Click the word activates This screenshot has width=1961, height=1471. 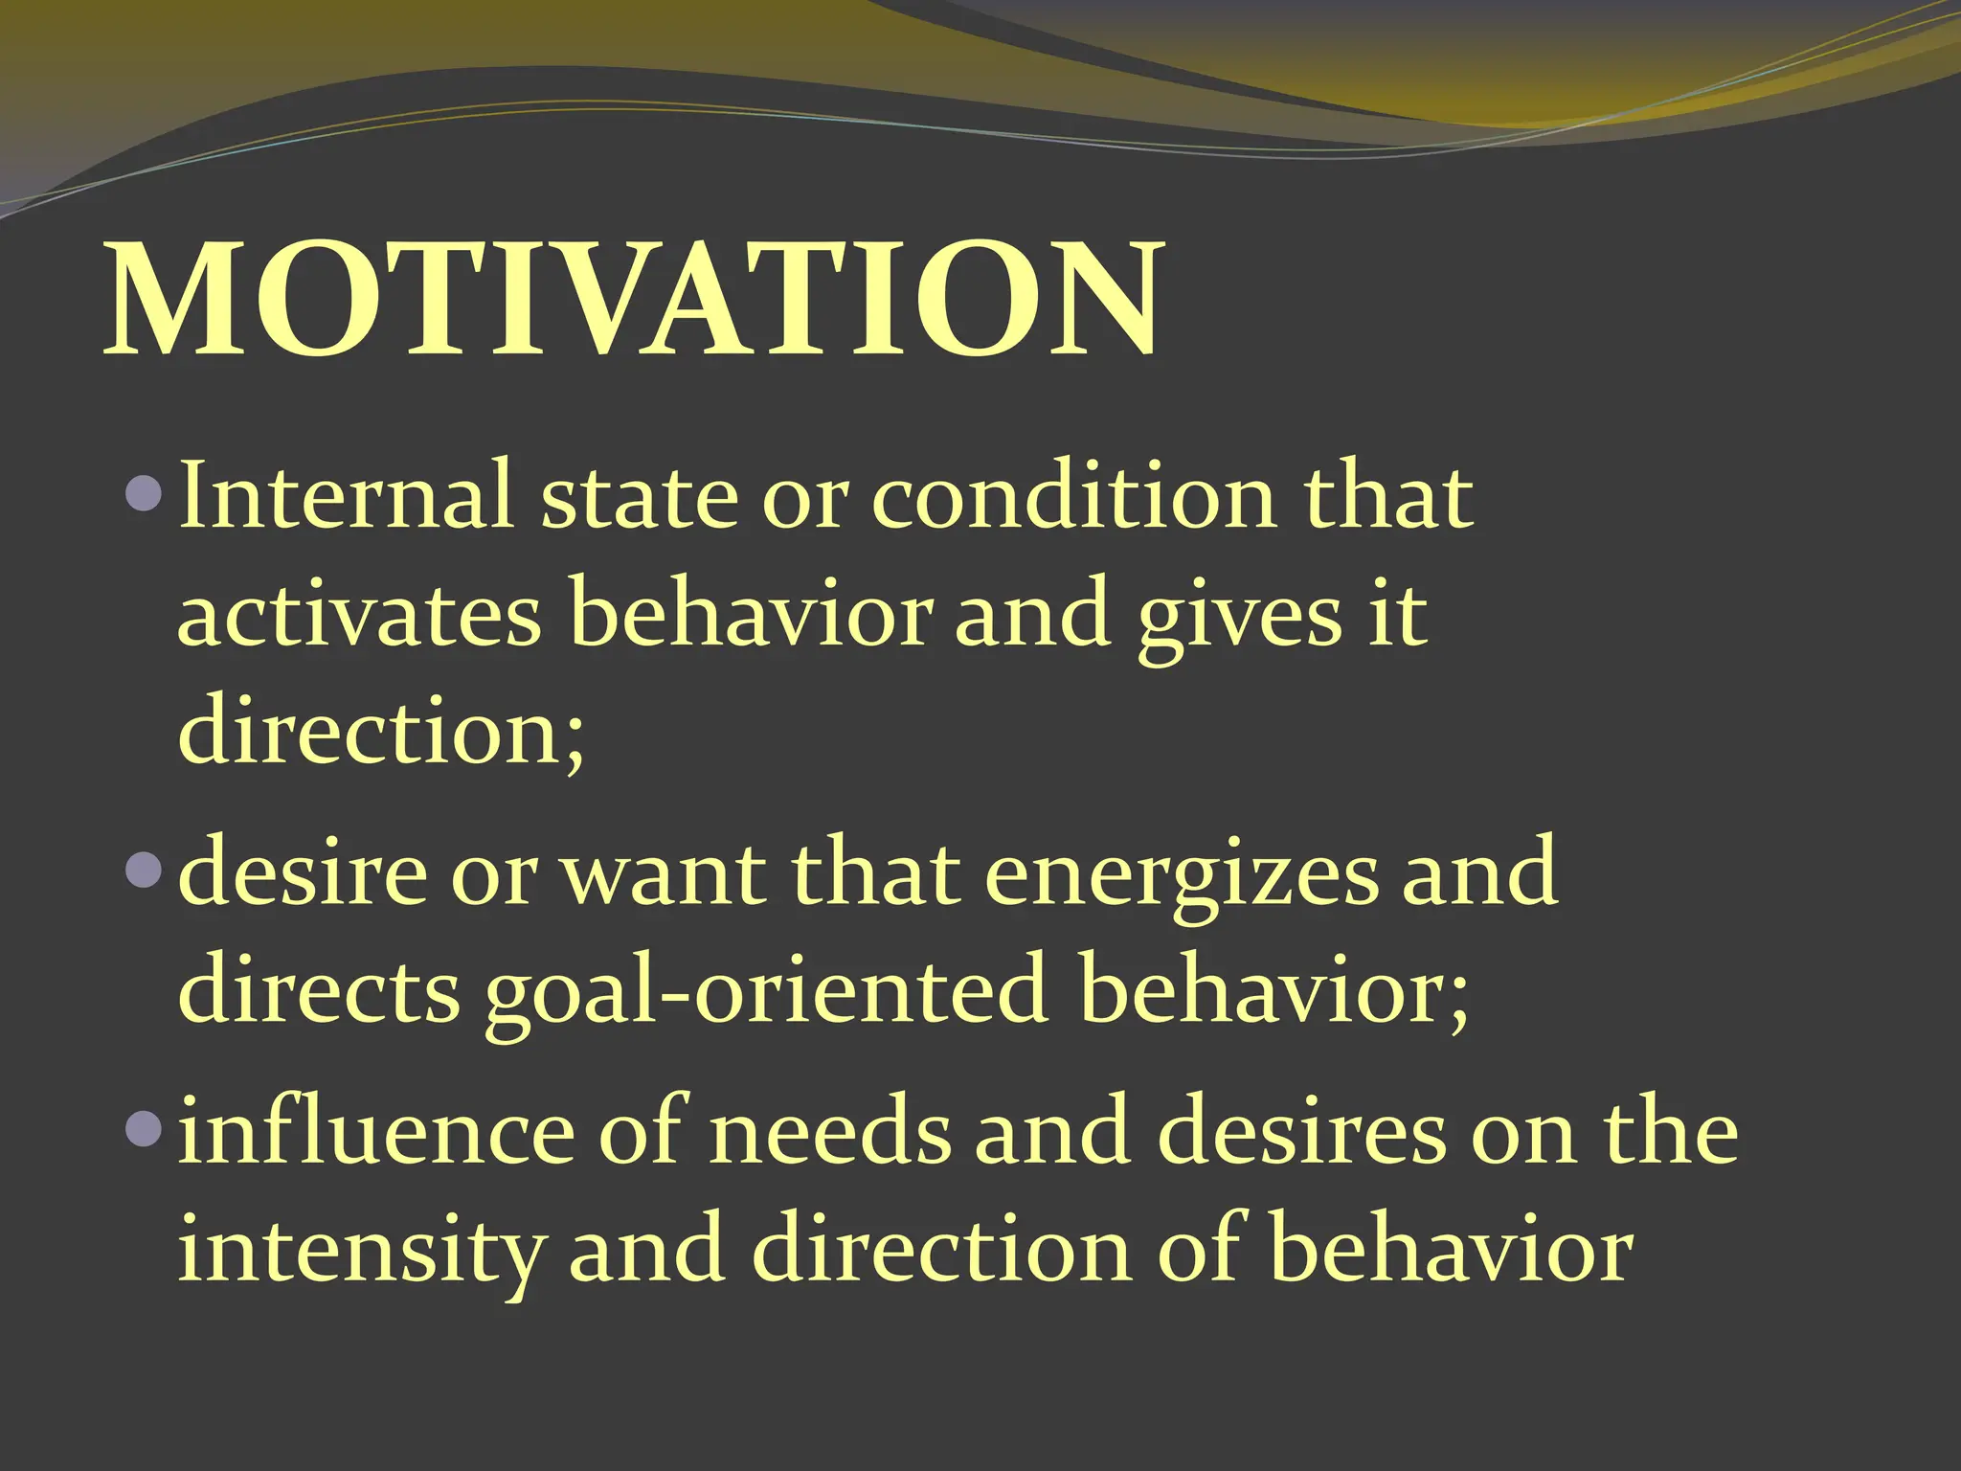359,616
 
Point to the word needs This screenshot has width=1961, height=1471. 831,1134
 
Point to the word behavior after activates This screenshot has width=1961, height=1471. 751,616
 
